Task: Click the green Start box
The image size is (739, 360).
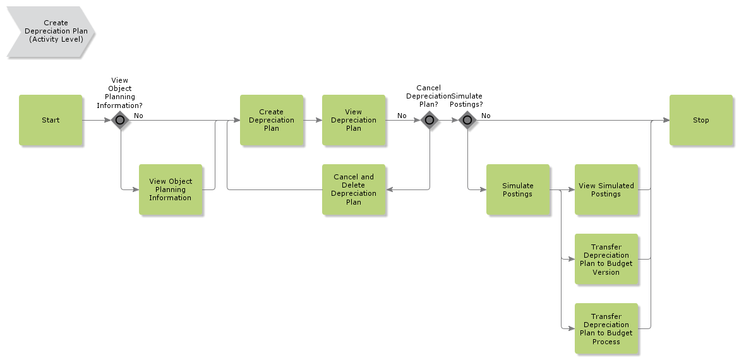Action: (x=51, y=120)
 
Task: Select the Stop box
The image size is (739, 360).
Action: (x=700, y=120)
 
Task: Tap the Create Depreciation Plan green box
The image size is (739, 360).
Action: (x=271, y=120)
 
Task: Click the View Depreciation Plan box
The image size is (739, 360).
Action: (x=353, y=120)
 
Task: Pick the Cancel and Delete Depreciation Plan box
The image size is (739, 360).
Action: (x=353, y=189)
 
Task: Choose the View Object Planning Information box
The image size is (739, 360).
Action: (x=170, y=189)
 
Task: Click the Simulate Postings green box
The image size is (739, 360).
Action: (x=517, y=189)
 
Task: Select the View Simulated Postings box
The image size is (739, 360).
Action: (x=606, y=189)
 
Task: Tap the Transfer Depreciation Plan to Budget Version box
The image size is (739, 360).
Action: (x=606, y=259)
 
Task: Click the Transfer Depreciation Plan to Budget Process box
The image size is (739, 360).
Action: (x=606, y=328)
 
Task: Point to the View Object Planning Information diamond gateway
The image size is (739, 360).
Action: (x=120, y=120)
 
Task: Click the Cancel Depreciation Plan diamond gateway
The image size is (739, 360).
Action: (x=430, y=120)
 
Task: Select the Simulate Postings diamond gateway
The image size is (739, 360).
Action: (x=467, y=120)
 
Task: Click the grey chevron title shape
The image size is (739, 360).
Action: (x=51, y=32)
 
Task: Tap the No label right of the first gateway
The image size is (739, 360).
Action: (x=138, y=116)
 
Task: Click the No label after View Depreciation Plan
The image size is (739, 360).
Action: (x=402, y=116)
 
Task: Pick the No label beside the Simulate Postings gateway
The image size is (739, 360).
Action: (x=486, y=116)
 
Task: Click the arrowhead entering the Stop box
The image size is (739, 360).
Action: (x=666, y=120)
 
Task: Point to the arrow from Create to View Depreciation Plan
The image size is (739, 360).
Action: (x=313, y=120)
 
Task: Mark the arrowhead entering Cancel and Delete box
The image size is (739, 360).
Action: (x=389, y=189)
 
